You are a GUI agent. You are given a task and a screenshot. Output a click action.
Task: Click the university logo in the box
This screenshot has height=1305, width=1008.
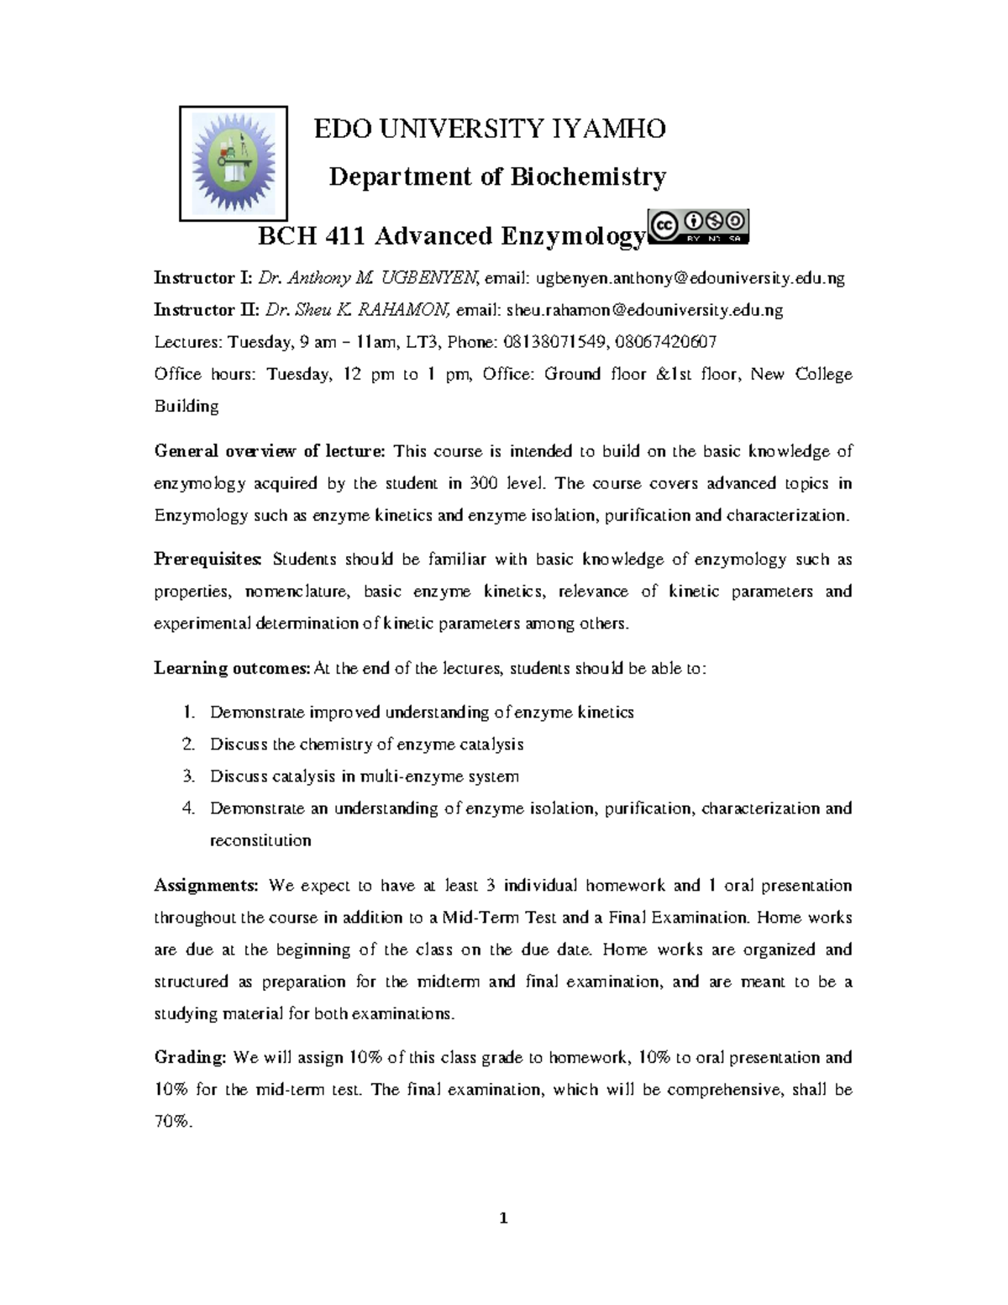click(x=234, y=163)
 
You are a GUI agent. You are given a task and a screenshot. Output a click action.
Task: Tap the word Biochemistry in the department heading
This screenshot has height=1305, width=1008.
click(x=589, y=176)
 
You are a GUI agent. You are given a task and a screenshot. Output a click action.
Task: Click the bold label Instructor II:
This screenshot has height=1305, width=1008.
click(x=206, y=310)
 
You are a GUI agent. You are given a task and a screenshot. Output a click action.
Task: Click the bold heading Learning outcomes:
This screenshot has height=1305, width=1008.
click(x=232, y=669)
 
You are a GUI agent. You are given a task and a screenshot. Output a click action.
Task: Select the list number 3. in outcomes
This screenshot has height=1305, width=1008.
click(x=189, y=776)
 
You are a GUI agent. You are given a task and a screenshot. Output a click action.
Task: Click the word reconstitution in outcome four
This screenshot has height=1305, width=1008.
click(x=260, y=840)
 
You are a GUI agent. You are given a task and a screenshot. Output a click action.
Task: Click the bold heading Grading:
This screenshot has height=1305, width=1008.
click(x=190, y=1058)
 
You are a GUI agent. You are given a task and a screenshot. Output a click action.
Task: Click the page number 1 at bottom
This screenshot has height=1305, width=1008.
click(x=504, y=1218)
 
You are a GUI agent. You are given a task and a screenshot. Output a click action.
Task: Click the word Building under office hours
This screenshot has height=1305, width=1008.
click(x=186, y=407)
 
